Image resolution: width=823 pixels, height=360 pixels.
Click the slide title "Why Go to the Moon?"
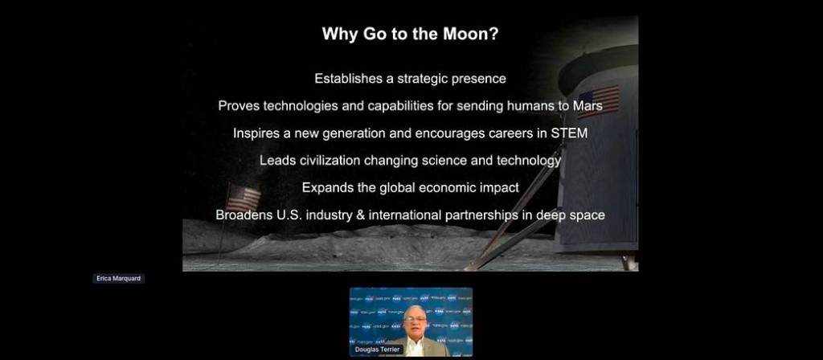point(410,35)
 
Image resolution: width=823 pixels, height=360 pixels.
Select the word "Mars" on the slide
point(588,105)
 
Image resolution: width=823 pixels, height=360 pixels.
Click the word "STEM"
point(569,133)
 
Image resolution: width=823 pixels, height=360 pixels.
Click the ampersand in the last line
point(360,215)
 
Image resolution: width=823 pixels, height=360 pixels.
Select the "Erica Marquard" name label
point(119,279)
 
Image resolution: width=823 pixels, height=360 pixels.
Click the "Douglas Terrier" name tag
point(378,350)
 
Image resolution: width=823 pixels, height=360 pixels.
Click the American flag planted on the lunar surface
point(243,198)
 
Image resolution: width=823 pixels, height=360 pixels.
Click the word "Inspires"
point(256,133)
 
